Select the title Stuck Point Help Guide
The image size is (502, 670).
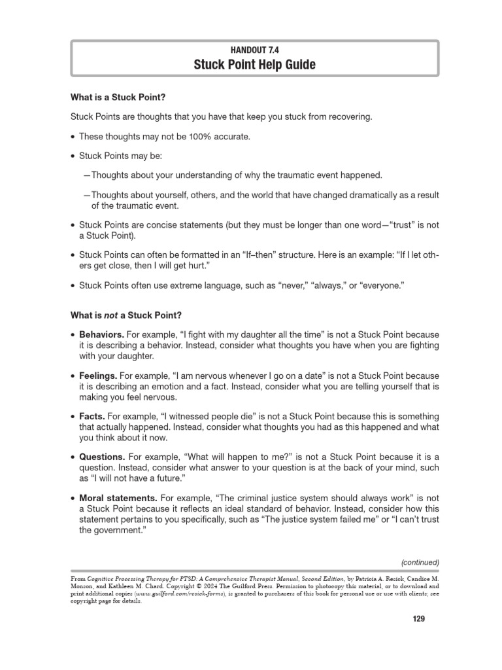[254, 64]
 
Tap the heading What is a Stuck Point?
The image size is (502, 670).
[118, 97]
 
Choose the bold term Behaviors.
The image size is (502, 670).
[101, 334]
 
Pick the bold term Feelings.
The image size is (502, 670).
[98, 376]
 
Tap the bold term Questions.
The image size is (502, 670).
[102, 457]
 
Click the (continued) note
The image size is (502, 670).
[420, 562]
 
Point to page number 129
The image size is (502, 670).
[419, 619]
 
